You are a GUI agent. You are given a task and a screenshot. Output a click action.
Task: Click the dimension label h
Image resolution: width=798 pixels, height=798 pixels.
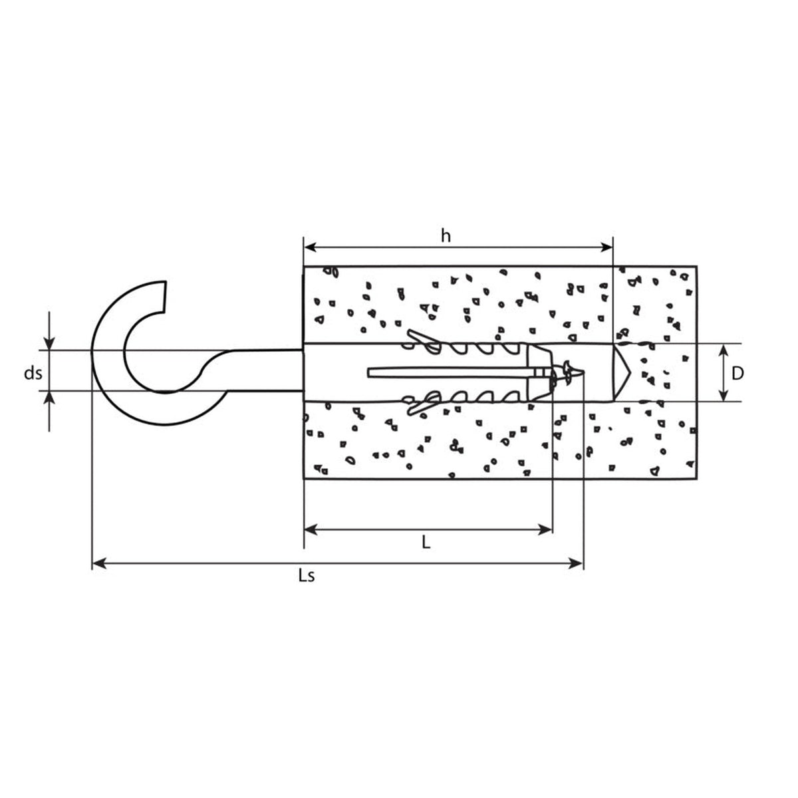(445, 236)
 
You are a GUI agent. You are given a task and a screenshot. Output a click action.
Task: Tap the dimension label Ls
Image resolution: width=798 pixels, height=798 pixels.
(307, 576)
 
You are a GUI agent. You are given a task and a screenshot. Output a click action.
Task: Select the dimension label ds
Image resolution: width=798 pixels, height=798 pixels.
(33, 373)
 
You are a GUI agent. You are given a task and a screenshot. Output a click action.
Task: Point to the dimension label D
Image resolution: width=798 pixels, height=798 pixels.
(737, 374)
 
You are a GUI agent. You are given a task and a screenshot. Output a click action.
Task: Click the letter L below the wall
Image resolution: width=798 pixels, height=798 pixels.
(426, 542)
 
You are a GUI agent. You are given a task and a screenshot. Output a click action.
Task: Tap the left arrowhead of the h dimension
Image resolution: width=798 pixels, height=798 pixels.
(311, 247)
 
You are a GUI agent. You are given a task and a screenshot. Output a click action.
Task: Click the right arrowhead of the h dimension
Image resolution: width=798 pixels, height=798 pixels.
(606, 247)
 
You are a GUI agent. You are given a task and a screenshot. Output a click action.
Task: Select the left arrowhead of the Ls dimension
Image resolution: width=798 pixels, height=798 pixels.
(99, 563)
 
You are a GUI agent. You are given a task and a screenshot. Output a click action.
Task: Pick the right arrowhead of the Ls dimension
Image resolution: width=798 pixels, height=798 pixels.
(577, 563)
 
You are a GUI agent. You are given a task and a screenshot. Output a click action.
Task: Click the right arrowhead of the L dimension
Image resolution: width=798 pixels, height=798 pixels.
(545, 529)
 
